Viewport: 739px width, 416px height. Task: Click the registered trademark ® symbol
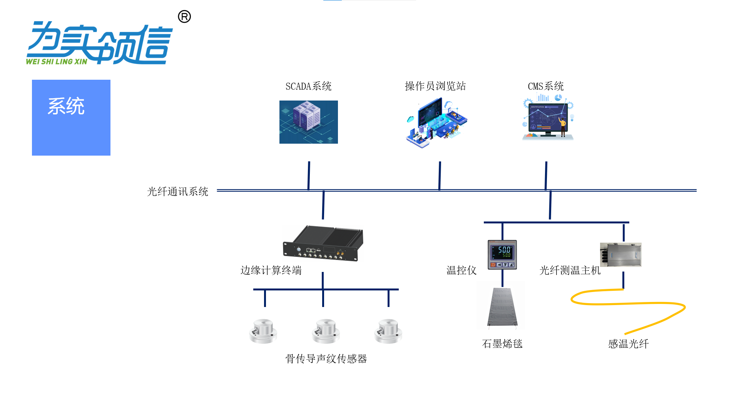(184, 17)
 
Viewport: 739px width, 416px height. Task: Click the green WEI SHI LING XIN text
(57, 62)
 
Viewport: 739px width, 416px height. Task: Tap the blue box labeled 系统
(71, 117)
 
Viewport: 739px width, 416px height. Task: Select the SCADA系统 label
(308, 86)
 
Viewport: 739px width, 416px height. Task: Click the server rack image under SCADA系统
(308, 122)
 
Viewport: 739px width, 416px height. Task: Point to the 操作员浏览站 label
(435, 86)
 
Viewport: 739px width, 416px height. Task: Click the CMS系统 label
(545, 86)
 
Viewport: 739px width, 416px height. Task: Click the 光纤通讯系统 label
(177, 191)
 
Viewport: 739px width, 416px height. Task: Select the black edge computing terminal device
(323, 243)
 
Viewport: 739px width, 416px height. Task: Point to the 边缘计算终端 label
(271, 270)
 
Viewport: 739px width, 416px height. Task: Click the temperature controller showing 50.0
(502, 255)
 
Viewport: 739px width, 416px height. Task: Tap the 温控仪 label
(461, 270)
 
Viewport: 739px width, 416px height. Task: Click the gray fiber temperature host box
(620, 255)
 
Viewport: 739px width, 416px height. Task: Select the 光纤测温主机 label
(570, 270)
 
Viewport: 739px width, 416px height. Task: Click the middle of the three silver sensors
(326, 331)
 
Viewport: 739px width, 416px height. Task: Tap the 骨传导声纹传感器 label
(326, 359)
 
